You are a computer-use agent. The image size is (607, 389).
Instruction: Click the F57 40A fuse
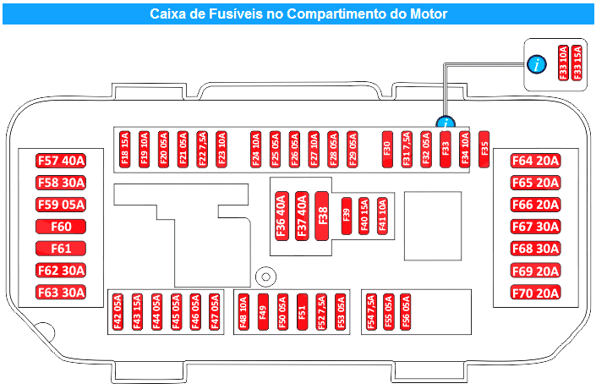point(61,161)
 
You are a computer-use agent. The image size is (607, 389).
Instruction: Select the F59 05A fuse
point(61,205)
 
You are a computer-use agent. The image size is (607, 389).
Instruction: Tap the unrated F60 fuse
point(61,227)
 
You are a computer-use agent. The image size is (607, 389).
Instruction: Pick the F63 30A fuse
point(61,293)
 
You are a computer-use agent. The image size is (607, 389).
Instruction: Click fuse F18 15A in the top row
point(124,150)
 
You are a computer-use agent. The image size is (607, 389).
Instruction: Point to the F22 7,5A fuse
point(202,150)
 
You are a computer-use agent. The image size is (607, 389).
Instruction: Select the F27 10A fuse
point(314,150)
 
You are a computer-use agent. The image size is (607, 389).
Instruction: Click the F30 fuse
point(387,150)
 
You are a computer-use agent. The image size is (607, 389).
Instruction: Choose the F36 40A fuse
point(282,216)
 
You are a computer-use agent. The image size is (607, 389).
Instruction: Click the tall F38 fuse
point(322,216)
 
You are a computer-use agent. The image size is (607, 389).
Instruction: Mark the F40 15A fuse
point(364,216)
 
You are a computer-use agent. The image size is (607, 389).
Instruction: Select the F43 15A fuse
point(137,312)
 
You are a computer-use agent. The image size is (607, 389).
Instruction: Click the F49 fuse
point(263,312)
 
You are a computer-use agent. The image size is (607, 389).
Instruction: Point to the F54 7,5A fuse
point(371,312)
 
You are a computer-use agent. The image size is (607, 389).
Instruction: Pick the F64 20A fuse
point(536,161)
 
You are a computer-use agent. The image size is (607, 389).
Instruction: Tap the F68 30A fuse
point(536,249)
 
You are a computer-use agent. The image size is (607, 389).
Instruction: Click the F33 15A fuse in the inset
point(577,63)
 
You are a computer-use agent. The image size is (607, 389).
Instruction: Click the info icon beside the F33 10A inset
point(537,64)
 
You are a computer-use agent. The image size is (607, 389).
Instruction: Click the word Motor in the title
point(429,14)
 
